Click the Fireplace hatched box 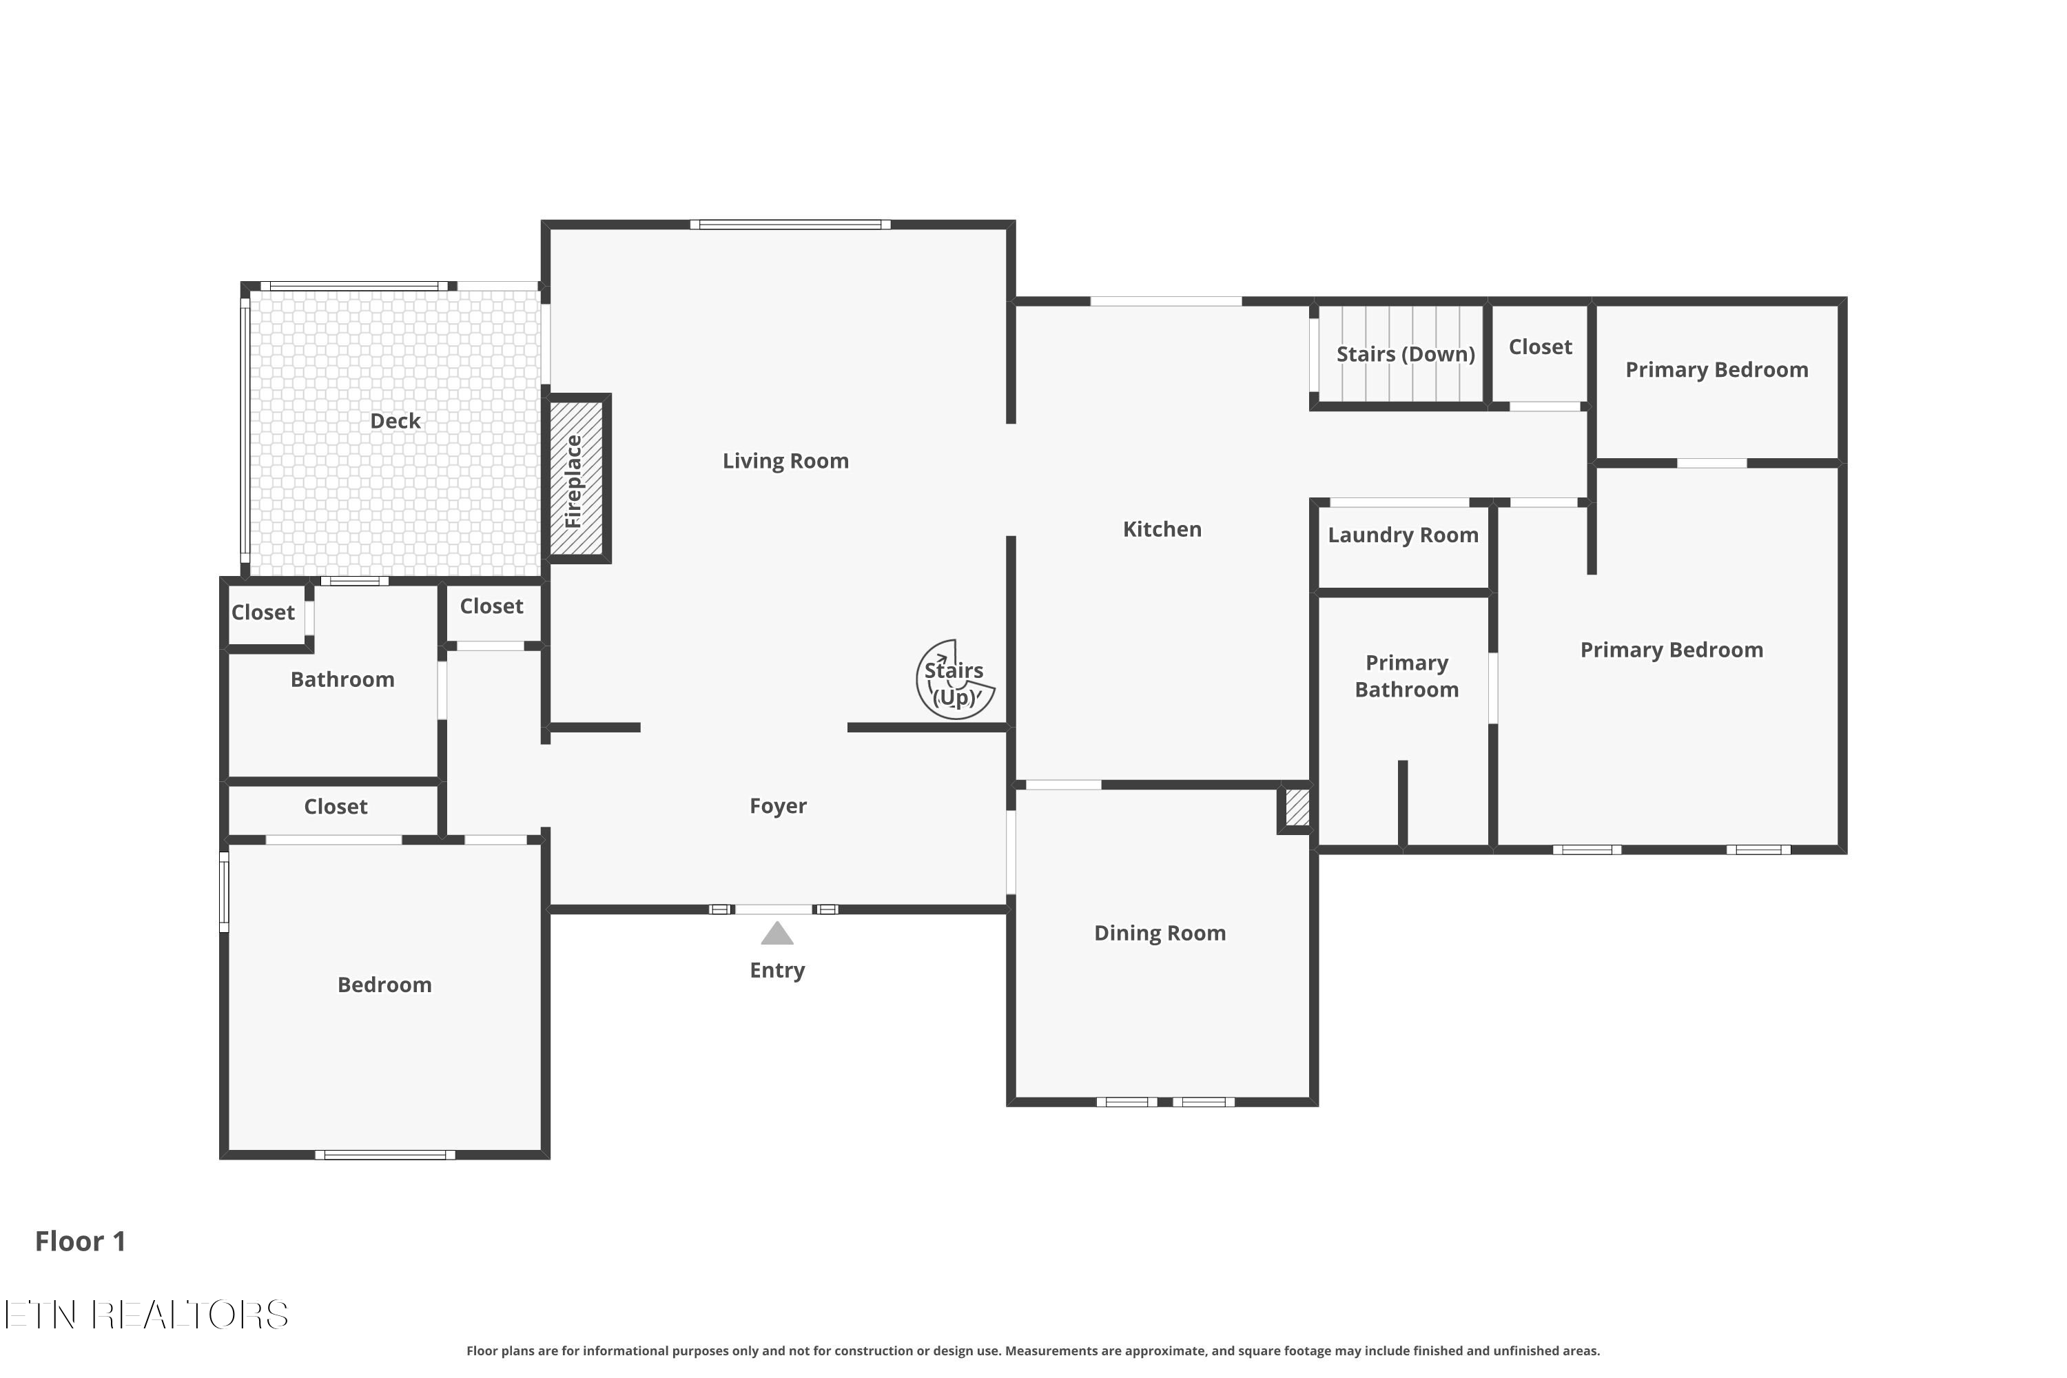point(577,478)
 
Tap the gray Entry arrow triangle point(777,934)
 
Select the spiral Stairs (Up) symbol point(954,680)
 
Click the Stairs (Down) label point(1406,354)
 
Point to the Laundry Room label point(1403,535)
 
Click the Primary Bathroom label point(1406,676)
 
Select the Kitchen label point(1162,529)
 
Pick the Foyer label point(778,806)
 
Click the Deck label point(395,421)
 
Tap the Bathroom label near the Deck point(342,679)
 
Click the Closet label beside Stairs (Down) point(1540,347)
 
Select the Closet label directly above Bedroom point(335,807)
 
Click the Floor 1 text point(80,1241)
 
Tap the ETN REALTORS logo point(146,1315)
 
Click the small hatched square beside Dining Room point(1297,807)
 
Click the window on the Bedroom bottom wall point(385,1155)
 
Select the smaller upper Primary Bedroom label point(1716,370)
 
